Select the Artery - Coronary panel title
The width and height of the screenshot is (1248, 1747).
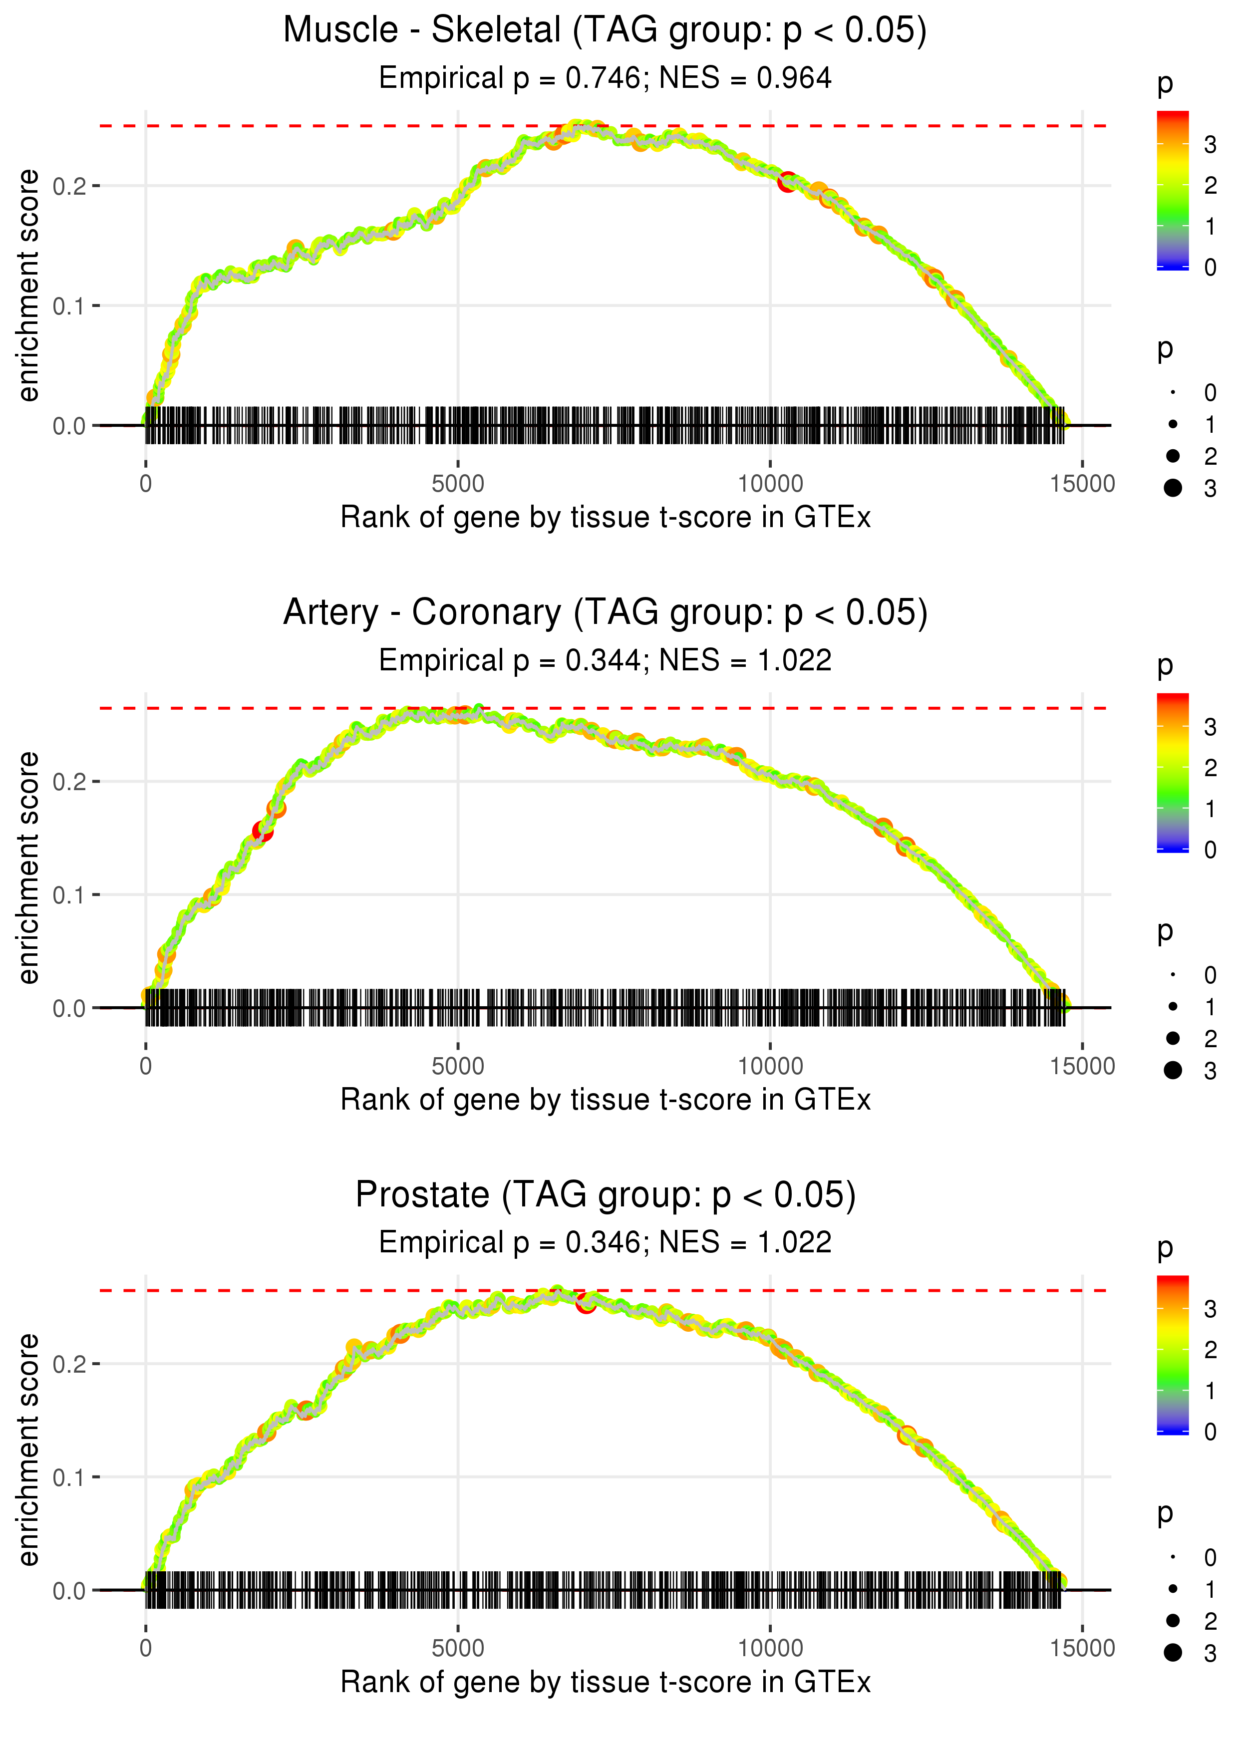click(x=606, y=612)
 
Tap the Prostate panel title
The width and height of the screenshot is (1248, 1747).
click(x=606, y=1194)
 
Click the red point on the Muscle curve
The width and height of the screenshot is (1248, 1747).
click(x=786, y=182)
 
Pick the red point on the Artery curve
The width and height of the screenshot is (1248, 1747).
click(x=262, y=831)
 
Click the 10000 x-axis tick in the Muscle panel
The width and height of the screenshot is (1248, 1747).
click(x=770, y=484)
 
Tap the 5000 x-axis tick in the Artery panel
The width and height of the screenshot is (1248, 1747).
click(x=458, y=1066)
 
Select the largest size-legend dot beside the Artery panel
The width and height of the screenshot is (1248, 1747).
click(x=1173, y=1070)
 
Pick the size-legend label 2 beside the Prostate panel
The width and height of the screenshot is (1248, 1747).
click(x=1211, y=1621)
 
